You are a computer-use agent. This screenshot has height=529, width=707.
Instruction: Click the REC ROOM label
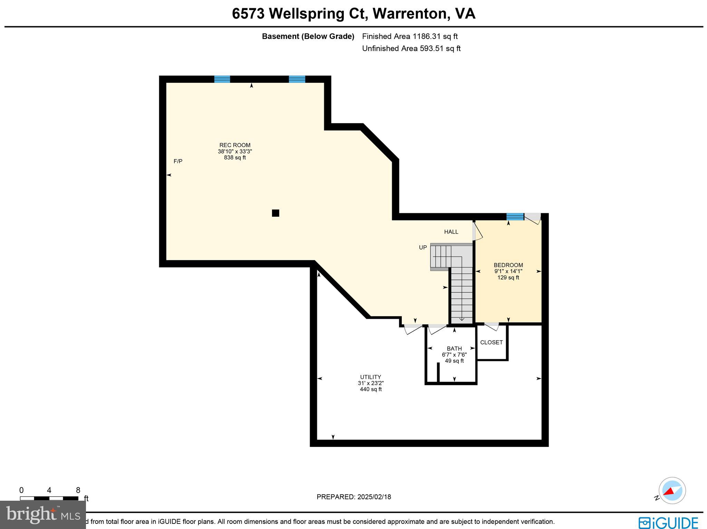pyautogui.click(x=235, y=145)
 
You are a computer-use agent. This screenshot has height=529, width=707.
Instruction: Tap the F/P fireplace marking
pyautogui.click(x=178, y=161)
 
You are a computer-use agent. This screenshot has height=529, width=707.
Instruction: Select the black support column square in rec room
pyautogui.click(x=275, y=213)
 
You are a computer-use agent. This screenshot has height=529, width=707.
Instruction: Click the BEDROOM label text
pyautogui.click(x=508, y=265)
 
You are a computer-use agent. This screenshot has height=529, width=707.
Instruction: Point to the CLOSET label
pyautogui.click(x=491, y=342)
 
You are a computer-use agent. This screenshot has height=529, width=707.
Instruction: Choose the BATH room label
pyautogui.click(x=454, y=349)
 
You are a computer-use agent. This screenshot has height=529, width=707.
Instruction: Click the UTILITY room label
pyautogui.click(x=370, y=377)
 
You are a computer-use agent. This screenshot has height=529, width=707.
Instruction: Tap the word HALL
pyautogui.click(x=451, y=232)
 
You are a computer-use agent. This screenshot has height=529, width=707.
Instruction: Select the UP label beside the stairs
pyautogui.click(x=423, y=247)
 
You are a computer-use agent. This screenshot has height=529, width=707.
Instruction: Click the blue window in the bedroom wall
pyautogui.click(x=515, y=217)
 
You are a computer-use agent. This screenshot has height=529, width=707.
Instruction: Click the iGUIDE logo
pyautogui.click(x=668, y=522)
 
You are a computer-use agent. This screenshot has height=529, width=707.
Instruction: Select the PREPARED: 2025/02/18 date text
pyautogui.click(x=354, y=497)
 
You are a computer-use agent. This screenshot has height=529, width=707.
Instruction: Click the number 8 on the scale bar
pyautogui.click(x=78, y=490)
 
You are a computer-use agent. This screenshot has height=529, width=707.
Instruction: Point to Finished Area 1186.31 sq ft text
pyautogui.click(x=410, y=36)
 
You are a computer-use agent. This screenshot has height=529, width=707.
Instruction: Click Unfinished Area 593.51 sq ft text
pyautogui.click(x=411, y=48)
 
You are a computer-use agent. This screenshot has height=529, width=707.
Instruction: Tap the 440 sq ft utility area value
pyautogui.click(x=371, y=389)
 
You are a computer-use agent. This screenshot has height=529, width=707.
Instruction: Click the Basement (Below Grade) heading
pyautogui.click(x=308, y=36)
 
